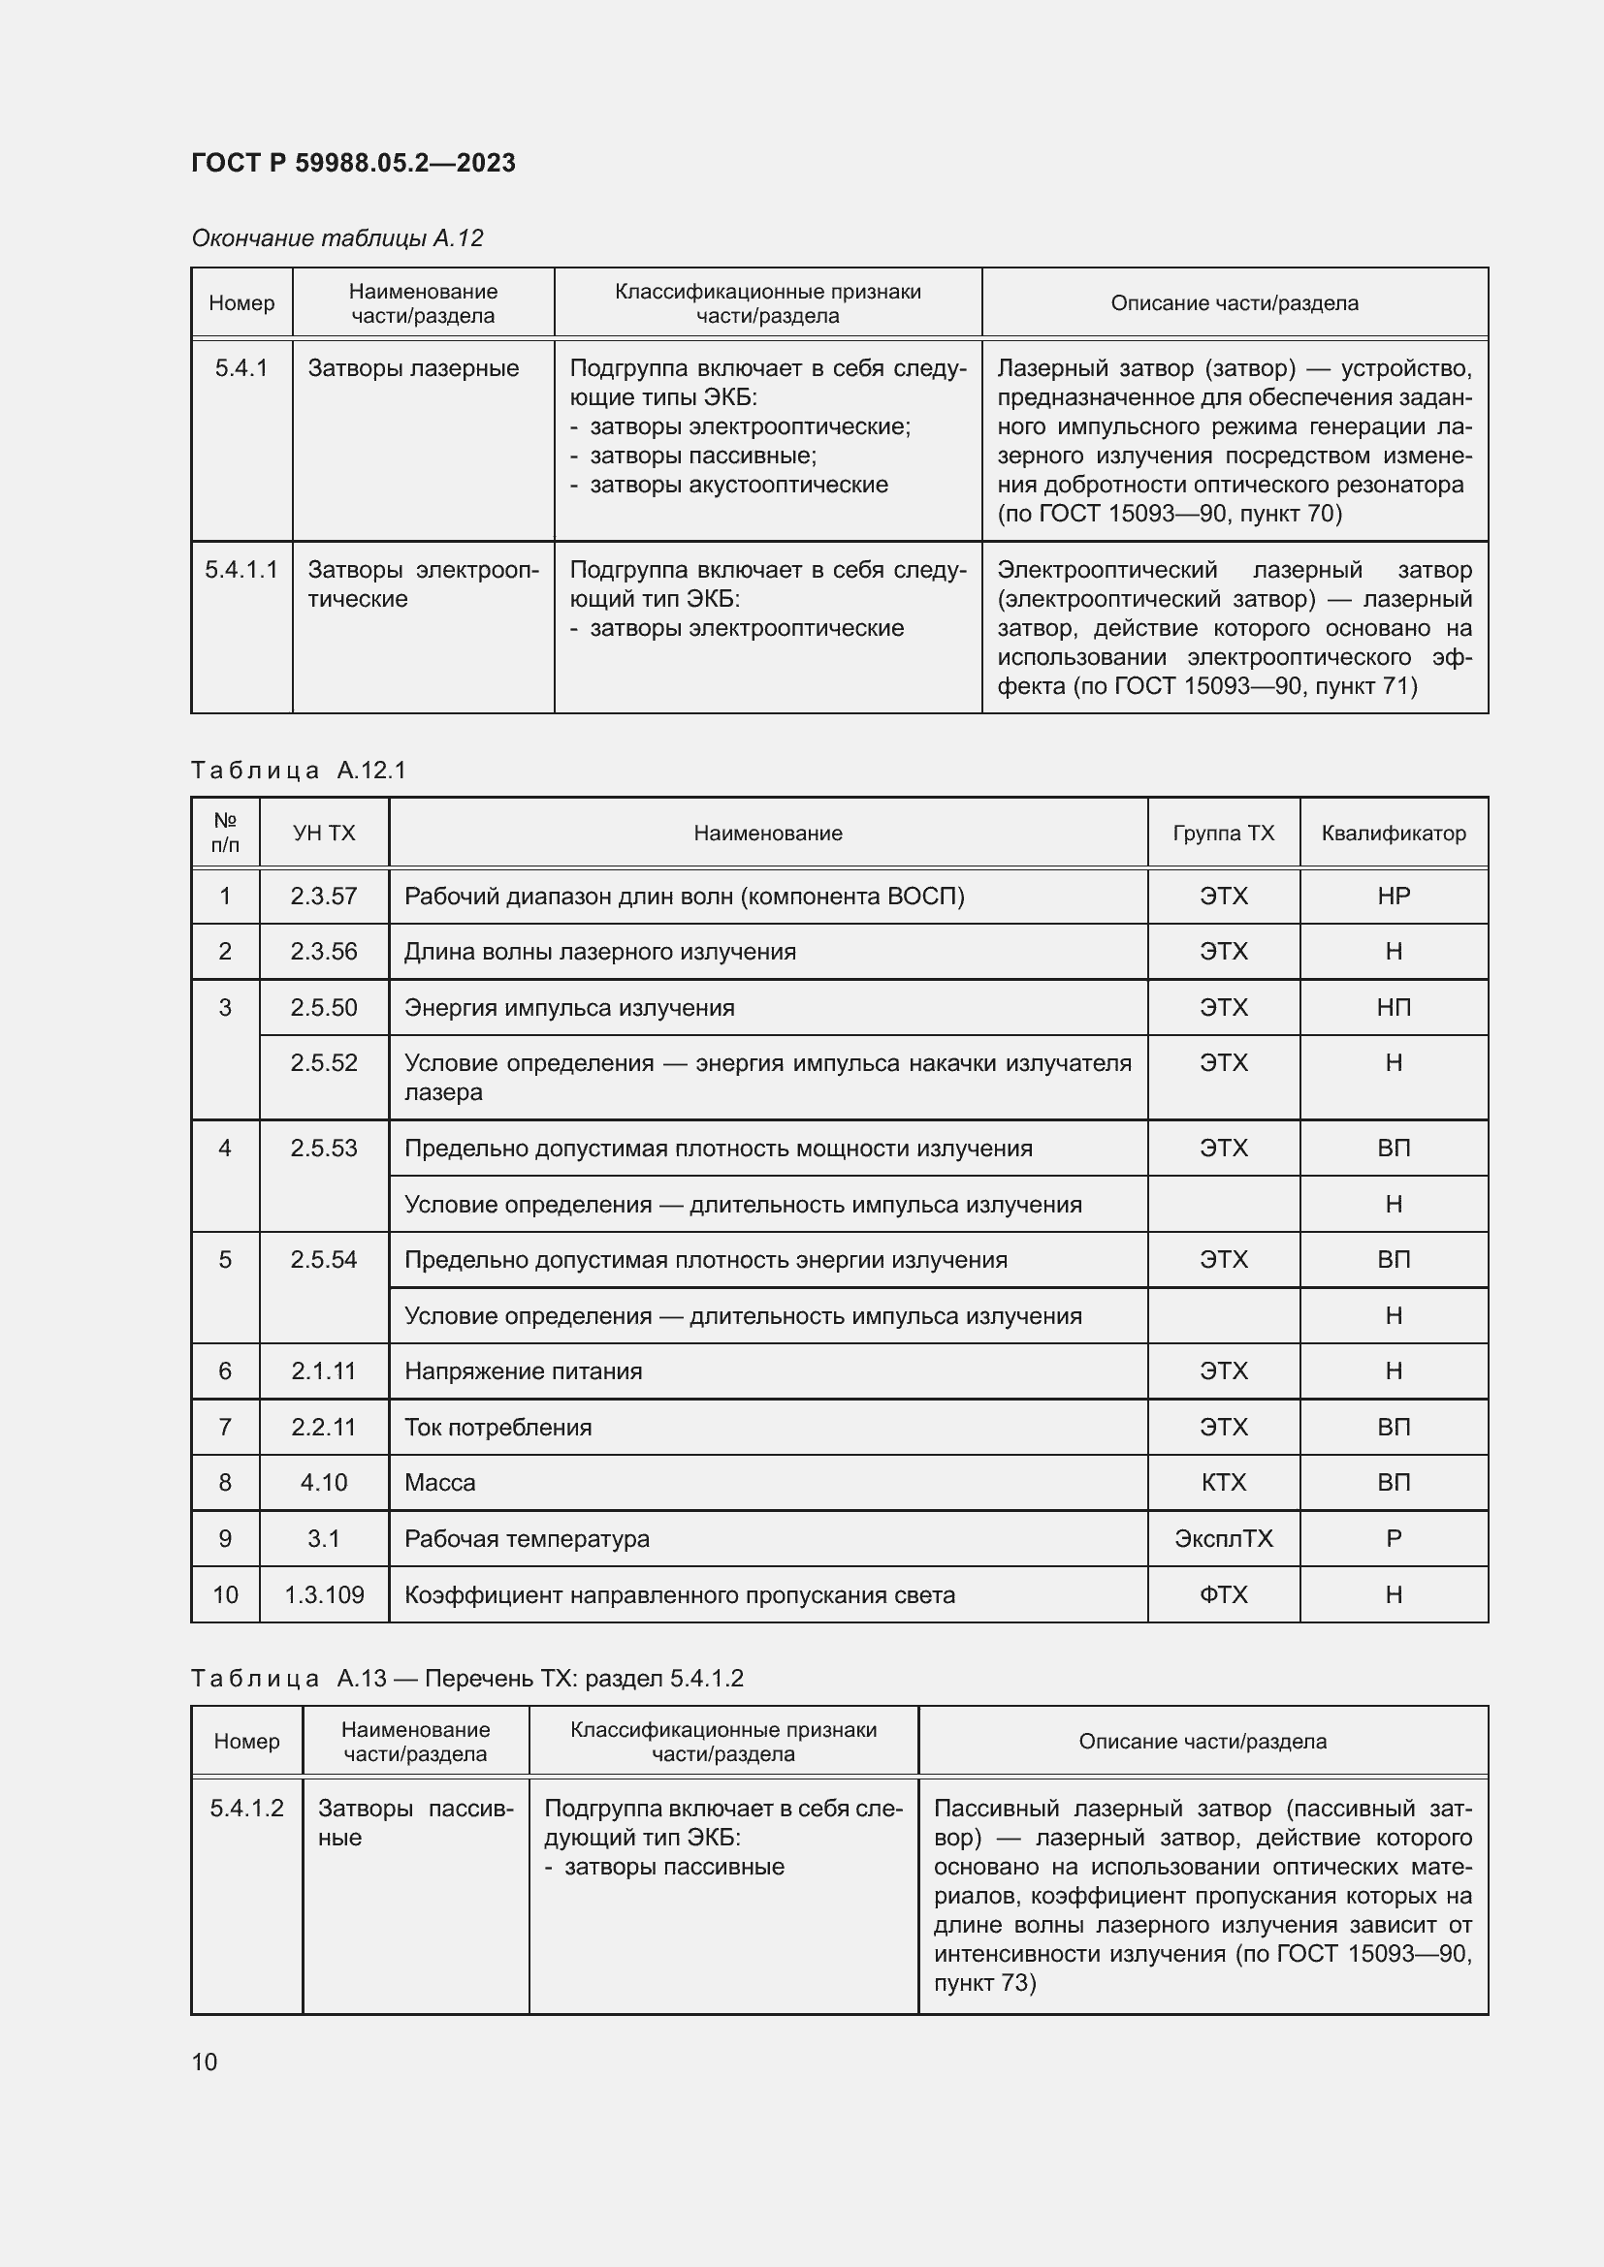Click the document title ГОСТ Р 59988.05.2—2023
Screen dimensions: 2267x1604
coord(353,163)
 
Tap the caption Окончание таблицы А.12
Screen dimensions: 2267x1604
coord(337,238)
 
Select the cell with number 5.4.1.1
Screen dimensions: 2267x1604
coord(241,570)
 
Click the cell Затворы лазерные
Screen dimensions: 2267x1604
coord(413,368)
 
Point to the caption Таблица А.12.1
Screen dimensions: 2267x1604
coord(299,771)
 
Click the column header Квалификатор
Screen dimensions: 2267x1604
coord(1393,834)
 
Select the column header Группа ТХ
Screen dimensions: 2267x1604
coord(1223,834)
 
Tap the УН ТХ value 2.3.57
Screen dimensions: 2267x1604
coord(324,897)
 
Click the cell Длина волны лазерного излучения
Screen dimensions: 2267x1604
coord(599,952)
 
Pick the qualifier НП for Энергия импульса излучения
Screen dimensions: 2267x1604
coord(1393,1007)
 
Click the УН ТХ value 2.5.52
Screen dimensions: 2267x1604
coord(324,1063)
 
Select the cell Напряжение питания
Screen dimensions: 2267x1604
coord(523,1371)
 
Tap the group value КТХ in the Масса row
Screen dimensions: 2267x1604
coord(1223,1483)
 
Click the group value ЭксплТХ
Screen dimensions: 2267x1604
coord(1223,1538)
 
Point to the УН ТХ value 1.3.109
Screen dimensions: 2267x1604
coord(324,1594)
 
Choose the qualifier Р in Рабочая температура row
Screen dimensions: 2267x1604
coord(1393,1538)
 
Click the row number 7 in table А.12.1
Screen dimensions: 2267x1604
coord(225,1427)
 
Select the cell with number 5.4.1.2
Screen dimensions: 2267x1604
coord(246,1808)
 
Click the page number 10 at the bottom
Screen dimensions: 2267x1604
coord(205,2062)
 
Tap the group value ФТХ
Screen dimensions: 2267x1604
coord(1223,1594)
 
